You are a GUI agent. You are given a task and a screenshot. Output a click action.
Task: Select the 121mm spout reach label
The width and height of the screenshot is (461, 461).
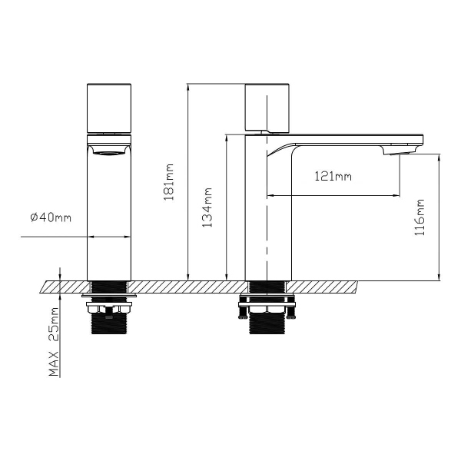pyautogui.click(x=333, y=177)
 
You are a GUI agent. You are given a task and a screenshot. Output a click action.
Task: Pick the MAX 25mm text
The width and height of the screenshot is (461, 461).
pyautogui.click(x=54, y=342)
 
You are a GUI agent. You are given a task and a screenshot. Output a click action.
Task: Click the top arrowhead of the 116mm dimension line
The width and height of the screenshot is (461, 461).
pyautogui.click(x=438, y=158)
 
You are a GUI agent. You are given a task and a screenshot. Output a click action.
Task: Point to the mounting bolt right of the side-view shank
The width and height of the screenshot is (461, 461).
pyautogui.click(x=291, y=312)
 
